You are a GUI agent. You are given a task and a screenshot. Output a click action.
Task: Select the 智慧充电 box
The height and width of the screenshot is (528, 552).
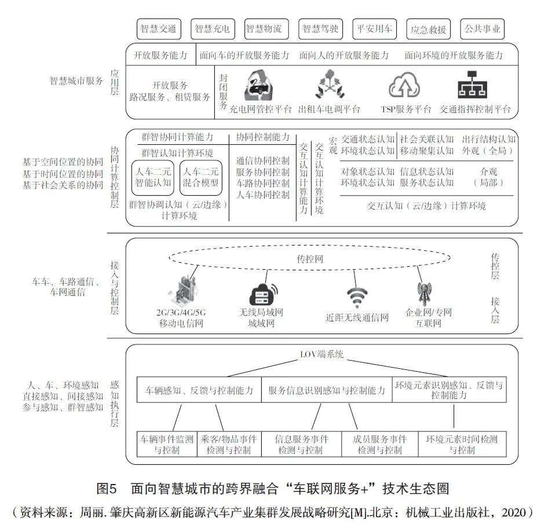pyautogui.click(x=211, y=28)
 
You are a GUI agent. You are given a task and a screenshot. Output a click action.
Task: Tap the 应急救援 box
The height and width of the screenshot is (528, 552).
pyautogui.click(x=428, y=28)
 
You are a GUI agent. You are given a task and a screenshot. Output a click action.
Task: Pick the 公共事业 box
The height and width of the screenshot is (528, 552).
pyautogui.click(x=482, y=28)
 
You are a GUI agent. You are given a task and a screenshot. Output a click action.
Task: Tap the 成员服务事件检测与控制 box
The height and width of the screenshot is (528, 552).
pyautogui.click(x=379, y=445)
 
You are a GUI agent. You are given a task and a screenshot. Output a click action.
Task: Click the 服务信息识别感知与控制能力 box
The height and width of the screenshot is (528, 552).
pyautogui.click(x=327, y=390)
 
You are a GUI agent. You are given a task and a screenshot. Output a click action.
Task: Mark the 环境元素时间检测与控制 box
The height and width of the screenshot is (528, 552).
pyautogui.click(x=462, y=445)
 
